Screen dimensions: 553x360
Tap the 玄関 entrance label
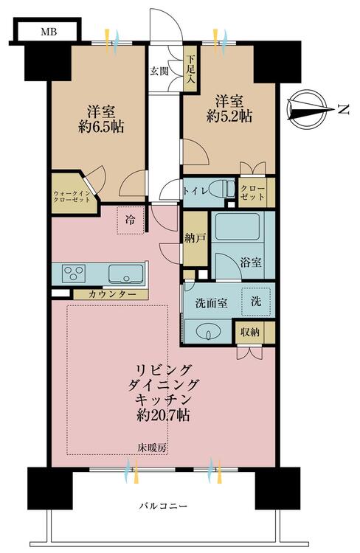point(160,71)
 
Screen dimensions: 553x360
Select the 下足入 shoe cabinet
point(190,71)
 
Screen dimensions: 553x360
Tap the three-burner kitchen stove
point(74,274)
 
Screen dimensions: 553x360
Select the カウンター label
point(111,294)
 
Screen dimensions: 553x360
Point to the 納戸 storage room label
point(195,237)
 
